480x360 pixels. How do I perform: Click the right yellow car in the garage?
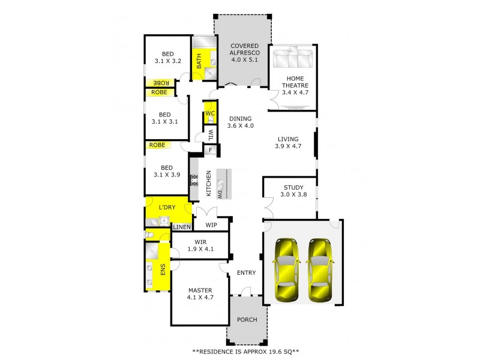pos(320,269)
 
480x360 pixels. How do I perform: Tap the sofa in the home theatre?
pos(292,59)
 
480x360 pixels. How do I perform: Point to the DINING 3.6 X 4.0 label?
pos(241,122)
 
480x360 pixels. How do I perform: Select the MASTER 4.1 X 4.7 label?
pos(200,293)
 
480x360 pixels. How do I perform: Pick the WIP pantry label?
pos(211,225)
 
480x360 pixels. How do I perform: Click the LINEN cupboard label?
pos(182,227)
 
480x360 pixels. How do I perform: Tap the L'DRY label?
pos(166,208)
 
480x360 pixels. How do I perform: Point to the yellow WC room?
pos(210,114)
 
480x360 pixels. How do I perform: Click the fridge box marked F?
pos(211,150)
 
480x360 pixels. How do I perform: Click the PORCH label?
pos(247,320)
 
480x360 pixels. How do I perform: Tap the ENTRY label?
pos(246,272)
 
